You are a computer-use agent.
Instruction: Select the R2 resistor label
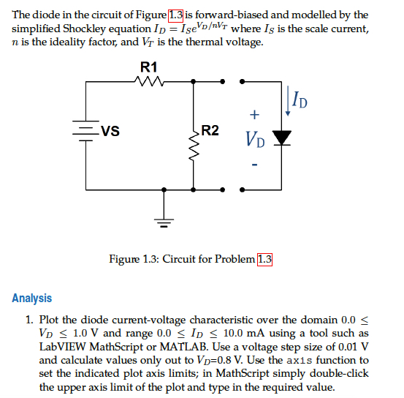[210, 131]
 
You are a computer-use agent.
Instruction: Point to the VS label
[111, 132]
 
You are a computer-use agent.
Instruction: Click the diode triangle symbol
[281, 138]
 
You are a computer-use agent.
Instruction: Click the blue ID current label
[298, 98]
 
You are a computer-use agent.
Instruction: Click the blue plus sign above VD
[254, 114]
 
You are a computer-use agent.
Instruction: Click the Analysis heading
[32, 298]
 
